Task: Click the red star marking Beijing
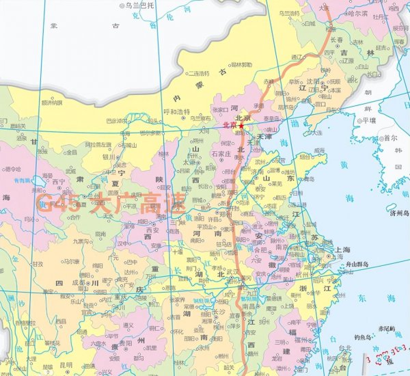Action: [241, 126]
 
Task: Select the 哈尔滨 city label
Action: [360, 12]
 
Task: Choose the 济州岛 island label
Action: [397, 213]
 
